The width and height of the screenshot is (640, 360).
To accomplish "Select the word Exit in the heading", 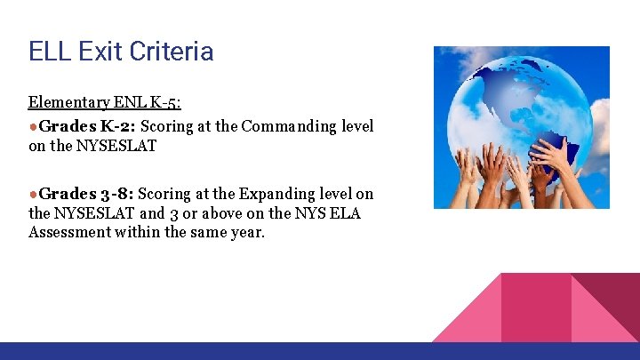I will point(97,51).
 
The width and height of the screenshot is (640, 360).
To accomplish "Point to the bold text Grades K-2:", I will point(87,125).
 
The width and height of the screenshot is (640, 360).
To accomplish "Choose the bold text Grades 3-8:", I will point(86,193).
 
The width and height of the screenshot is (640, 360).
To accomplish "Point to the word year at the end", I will point(248,233).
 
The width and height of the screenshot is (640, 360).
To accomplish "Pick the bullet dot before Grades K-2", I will point(33,126).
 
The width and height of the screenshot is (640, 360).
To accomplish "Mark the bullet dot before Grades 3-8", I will point(33,194).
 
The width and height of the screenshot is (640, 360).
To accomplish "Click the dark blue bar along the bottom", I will point(320,351).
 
